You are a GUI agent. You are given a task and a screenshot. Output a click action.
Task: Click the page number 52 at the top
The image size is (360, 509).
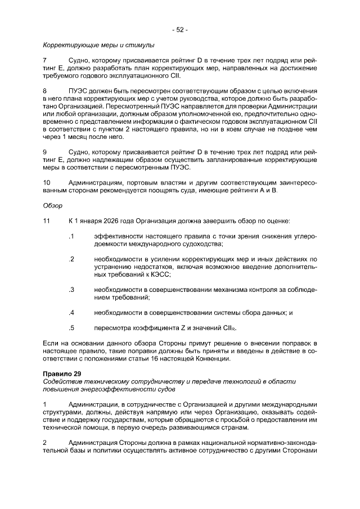coord(179,30)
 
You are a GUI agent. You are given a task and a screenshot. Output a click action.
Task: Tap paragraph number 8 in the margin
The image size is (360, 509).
coord(45,90)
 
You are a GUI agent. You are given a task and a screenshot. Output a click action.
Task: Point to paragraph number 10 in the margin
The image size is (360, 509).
coord(47,183)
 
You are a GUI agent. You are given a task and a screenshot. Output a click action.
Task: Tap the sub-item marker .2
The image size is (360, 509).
coord(71,259)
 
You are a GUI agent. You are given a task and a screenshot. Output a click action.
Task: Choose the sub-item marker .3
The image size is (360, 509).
coord(71,290)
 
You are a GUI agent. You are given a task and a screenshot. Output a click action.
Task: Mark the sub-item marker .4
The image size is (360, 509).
coord(71,312)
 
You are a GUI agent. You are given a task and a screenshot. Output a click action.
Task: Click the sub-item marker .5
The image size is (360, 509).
coord(71,327)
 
